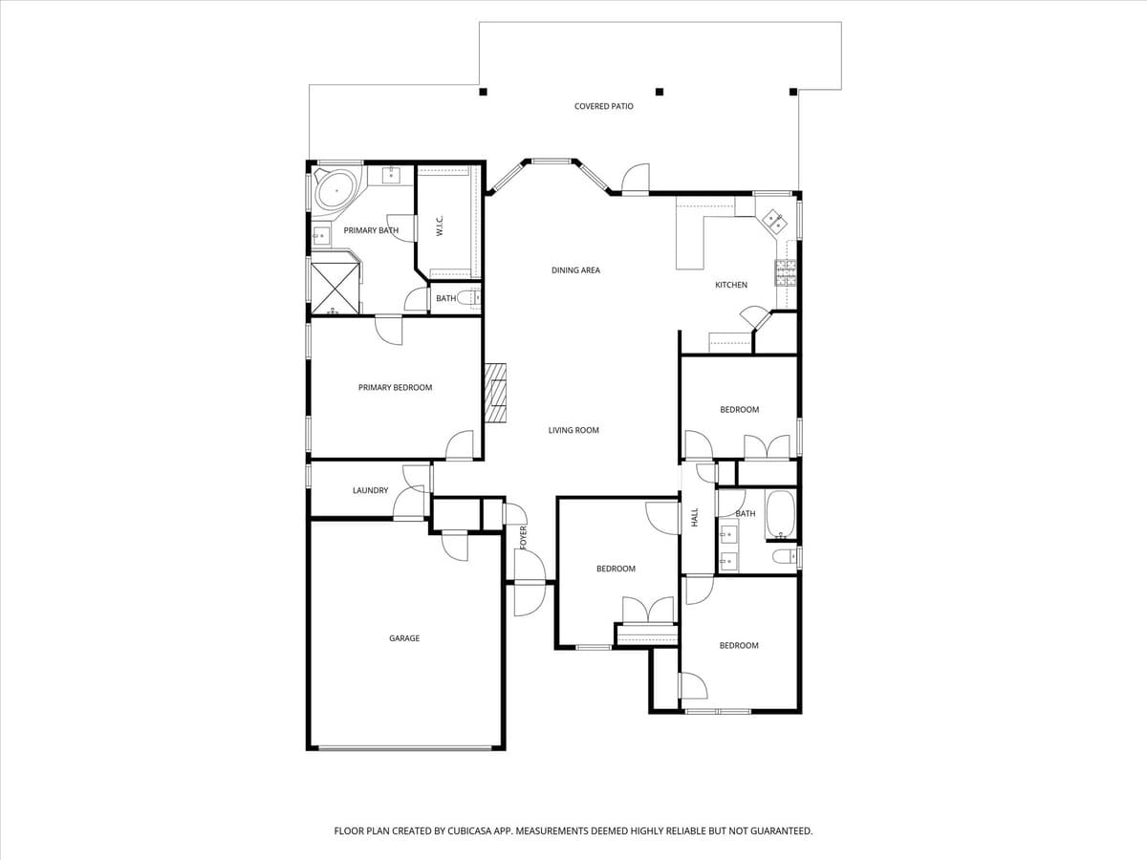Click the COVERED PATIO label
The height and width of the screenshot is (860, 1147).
coord(603,106)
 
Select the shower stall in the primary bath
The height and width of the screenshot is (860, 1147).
coord(335,285)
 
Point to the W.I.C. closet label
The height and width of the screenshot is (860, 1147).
coord(440,226)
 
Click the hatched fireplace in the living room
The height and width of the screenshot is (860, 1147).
coord(495,392)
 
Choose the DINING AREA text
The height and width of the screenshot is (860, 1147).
coord(575,270)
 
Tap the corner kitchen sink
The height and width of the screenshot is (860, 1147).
coord(774,223)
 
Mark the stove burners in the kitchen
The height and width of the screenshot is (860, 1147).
coord(786,273)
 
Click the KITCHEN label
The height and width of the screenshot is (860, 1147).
coord(731,285)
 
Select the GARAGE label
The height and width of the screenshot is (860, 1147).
coord(404,638)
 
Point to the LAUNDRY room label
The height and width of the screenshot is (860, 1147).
coord(370,490)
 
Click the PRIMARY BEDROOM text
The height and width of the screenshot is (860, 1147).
coord(395,387)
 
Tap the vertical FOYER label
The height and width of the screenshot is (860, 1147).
coord(523,537)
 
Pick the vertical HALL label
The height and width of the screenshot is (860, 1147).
coord(695,517)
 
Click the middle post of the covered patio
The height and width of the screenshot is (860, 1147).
coord(659,92)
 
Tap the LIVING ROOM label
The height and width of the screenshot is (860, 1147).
coord(573,430)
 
